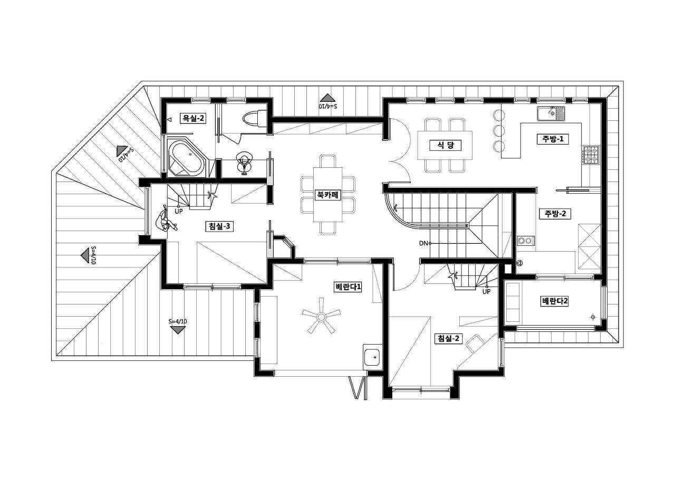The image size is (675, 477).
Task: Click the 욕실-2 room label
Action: click(x=193, y=118)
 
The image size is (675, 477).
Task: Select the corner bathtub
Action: click(x=187, y=158)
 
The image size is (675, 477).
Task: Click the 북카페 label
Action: click(x=327, y=195)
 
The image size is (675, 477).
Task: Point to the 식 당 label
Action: click(x=446, y=146)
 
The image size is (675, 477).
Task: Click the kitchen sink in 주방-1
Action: click(x=551, y=113)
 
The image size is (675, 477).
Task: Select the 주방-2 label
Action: click(x=555, y=214)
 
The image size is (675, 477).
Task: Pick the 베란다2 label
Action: click(x=555, y=301)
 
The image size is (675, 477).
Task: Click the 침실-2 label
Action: click(x=448, y=339)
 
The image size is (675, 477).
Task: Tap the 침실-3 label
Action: click(x=219, y=226)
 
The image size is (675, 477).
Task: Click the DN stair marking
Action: click(x=423, y=243)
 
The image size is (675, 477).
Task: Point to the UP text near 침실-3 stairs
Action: click(x=179, y=212)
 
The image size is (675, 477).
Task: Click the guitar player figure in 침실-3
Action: click(x=165, y=219)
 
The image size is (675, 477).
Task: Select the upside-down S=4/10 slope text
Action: click(x=329, y=106)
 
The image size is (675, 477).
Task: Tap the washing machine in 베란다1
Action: click(x=372, y=357)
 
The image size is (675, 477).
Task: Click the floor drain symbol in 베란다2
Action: click(x=593, y=317)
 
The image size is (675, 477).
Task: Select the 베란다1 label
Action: click(x=348, y=287)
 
